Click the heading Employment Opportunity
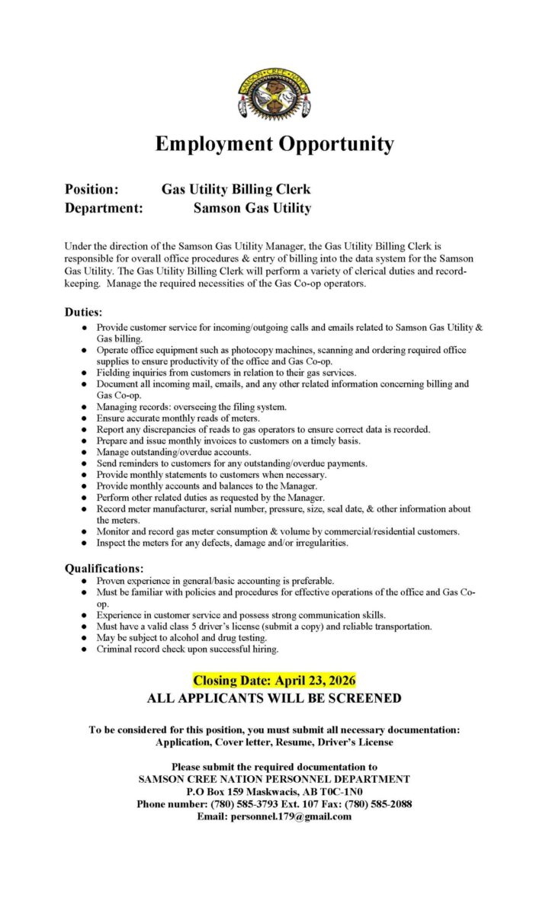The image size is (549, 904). [x=274, y=143]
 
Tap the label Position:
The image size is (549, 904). [x=91, y=189]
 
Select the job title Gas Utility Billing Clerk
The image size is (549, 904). [x=236, y=189]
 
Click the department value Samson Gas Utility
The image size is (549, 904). [x=252, y=207]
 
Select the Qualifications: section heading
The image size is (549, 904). [x=104, y=568]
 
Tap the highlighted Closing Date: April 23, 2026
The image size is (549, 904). [x=274, y=680]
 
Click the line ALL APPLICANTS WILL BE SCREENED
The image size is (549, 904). [x=274, y=697]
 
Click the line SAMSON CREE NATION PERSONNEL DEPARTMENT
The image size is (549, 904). [x=274, y=779]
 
